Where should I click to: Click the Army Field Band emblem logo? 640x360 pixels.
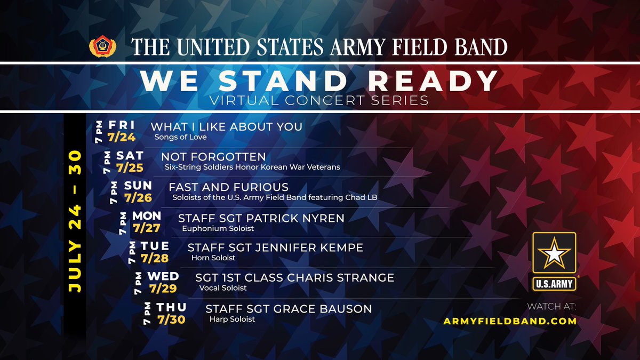click(x=102, y=46)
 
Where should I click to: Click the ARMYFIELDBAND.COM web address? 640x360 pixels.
click(x=510, y=321)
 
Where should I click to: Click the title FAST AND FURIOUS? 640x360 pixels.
click(x=228, y=187)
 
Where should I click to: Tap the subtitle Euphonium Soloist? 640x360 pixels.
click(x=218, y=228)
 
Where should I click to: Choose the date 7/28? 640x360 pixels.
click(x=155, y=259)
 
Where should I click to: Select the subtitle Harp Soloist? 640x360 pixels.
click(x=232, y=319)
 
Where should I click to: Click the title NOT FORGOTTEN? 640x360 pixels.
click(x=213, y=157)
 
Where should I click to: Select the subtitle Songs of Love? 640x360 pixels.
click(x=180, y=137)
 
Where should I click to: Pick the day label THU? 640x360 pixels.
click(x=171, y=307)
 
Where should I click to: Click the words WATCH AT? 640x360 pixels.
click(x=551, y=307)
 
